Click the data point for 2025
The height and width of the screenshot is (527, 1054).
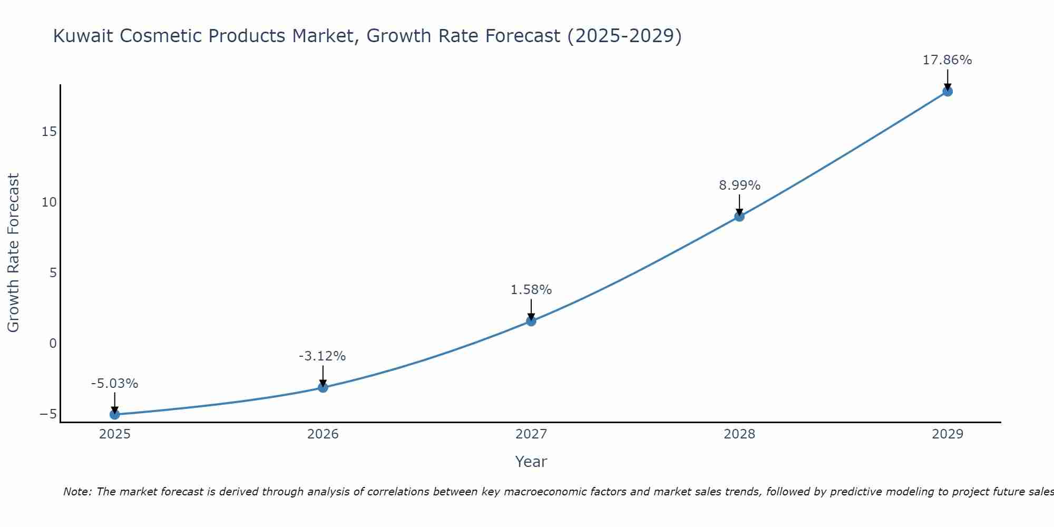click(114, 415)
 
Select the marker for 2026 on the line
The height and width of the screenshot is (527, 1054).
click(323, 388)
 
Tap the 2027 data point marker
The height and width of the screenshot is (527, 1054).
click(531, 321)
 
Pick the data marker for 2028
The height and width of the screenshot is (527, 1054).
click(739, 216)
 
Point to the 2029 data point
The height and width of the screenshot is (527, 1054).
click(948, 91)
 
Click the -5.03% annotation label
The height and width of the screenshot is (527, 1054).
click(114, 384)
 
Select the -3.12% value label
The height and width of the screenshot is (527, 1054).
click(322, 356)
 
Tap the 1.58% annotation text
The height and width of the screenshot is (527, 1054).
click(531, 290)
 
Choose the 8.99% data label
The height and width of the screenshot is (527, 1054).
click(739, 186)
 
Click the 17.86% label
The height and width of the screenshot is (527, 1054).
click(947, 60)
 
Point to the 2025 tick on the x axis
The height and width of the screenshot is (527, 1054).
click(114, 434)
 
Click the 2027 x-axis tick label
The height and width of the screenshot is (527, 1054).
click(531, 434)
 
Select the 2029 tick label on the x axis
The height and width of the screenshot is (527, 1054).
click(948, 434)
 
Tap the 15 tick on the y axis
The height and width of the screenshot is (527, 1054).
click(49, 132)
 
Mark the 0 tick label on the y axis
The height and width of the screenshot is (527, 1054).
click(53, 344)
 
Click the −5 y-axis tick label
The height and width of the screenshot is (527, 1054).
click(48, 414)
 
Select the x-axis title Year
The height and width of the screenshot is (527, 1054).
click(531, 462)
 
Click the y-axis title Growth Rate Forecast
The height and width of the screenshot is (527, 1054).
click(13, 253)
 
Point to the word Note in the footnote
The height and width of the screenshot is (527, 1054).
click(77, 492)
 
